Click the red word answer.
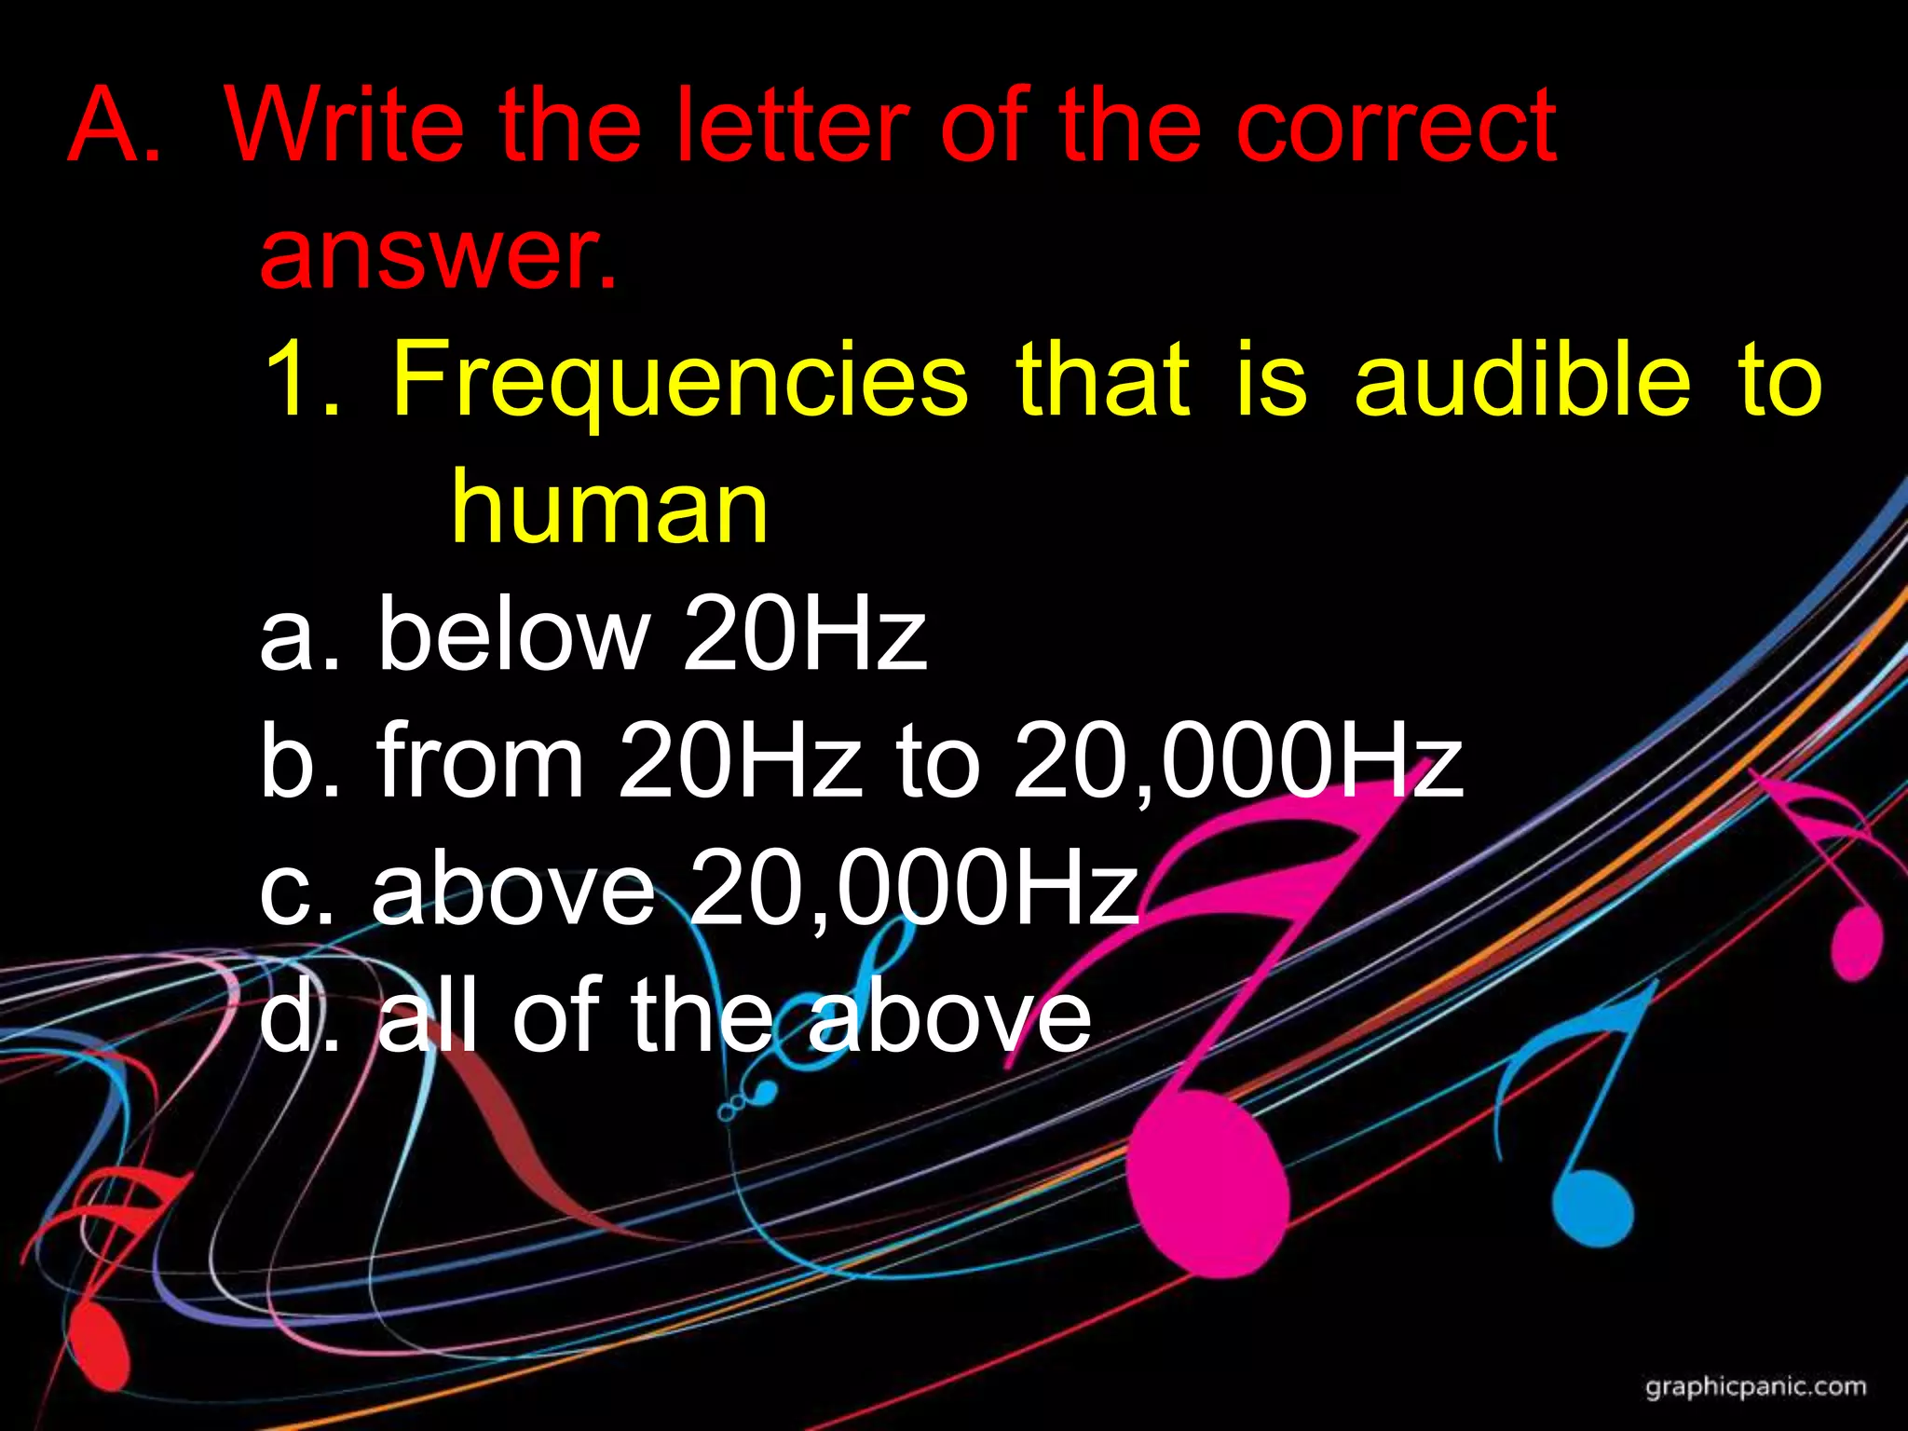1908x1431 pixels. (x=438, y=252)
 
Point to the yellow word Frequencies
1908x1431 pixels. (x=680, y=381)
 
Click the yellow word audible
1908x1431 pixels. (x=1522, y=381)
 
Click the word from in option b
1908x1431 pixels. (x=481, y=763)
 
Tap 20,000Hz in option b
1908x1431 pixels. (x=1239, y=763)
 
